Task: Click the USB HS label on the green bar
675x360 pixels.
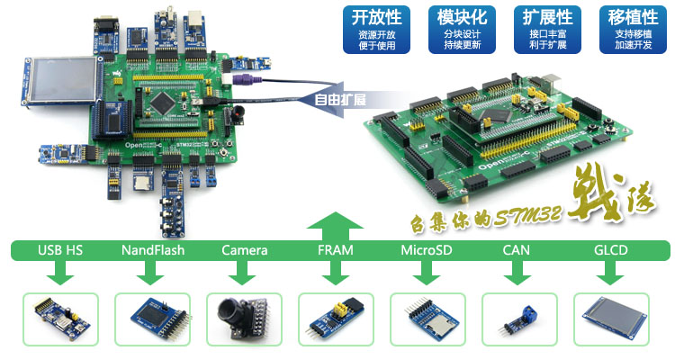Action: point(59,250)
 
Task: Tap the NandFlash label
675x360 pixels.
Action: point(152,250)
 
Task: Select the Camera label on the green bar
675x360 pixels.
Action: point(244,250)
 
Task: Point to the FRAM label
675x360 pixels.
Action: point(336,250)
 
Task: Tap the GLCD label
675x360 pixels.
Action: point(612,250)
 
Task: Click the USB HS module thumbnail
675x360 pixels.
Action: point(59,319)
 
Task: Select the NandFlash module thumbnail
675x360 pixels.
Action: point(152,319)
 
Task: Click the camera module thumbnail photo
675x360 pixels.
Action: point(244,319)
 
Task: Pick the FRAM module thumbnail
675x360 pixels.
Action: point(336,319)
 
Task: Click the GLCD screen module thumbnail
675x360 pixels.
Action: point(612,319)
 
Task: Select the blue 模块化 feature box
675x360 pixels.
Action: point(462,29)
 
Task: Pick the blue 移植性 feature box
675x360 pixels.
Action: point(631,29)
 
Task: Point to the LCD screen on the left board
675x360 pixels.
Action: point(57,80)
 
